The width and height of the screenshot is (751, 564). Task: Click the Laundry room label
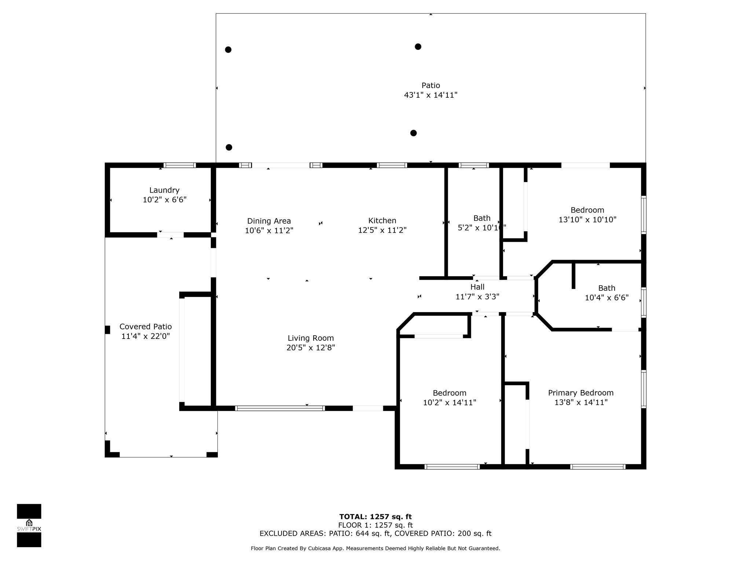click(164, 190)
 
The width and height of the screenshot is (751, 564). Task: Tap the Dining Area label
click(269, 221)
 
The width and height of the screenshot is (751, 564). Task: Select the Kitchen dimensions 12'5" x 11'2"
click(382, 230)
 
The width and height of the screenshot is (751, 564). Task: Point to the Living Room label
click(311, 338)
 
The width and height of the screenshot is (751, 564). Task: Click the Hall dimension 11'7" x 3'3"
click(477, 297)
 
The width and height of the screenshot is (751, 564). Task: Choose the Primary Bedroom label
click(580, 393)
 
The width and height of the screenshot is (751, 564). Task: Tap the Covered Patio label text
click(146, 326)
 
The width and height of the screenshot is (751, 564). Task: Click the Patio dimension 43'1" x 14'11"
click(431, 95)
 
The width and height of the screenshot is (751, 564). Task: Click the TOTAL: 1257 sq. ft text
click(375, 517)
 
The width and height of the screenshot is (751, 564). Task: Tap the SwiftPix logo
click(29, 525)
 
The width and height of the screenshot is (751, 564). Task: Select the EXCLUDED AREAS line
click(375, 534)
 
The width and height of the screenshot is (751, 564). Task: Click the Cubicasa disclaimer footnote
click(375, 549)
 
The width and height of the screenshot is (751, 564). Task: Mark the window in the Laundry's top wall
click(179, 165)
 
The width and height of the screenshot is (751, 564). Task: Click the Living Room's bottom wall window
click(280, 408)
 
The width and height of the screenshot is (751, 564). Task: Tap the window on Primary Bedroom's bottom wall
click(598, 467)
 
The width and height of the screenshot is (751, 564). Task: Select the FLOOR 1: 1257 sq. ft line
click(375, 525)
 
